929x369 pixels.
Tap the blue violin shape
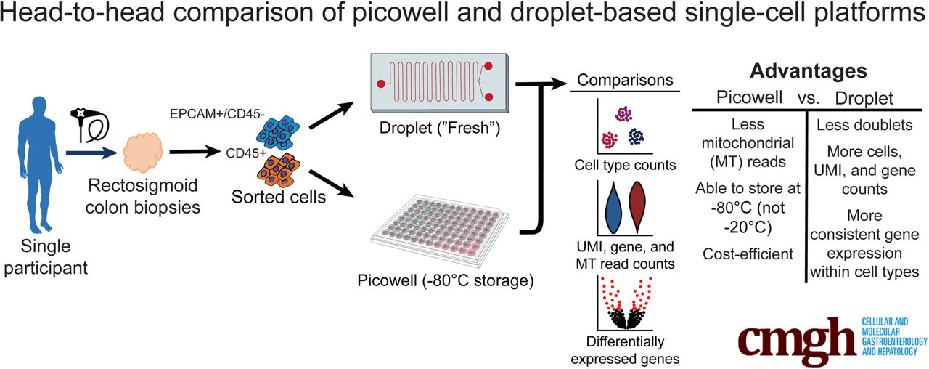pyautogui.click(x=613, y=206)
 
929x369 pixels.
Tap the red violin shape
pyautogui.click(x=638, y=206)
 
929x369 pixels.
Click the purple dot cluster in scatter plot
pyautogui.click(x=623, y=113)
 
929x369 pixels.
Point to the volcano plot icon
pyautogui.click(x=625, y=306)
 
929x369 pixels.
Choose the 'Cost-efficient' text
pyautogui.click(x=748, y=254)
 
